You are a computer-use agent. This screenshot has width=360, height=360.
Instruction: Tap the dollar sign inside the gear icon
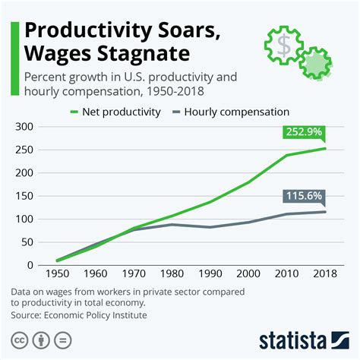[284, 46]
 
